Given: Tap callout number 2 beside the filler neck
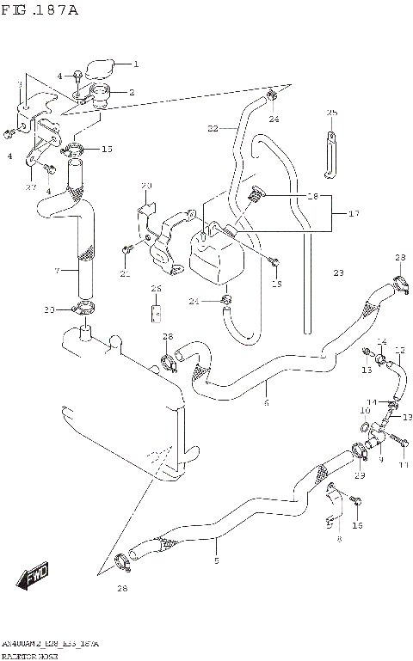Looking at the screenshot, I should pos(132,92).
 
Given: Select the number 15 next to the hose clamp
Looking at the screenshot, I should pos(107,150).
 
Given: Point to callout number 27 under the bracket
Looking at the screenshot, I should pos(31,187).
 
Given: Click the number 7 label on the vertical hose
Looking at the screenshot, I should pos(57,271).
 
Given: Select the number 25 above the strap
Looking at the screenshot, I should pos(331,113).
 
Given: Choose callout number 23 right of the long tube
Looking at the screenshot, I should pos(338,272).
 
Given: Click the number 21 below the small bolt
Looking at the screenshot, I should pos(125,273).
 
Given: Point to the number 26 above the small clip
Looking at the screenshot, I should pos(156,288).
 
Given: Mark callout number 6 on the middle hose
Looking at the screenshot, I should pos(267,403).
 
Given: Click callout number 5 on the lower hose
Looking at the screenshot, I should pos(216,561).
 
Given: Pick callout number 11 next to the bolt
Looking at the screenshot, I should pos(403,465).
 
